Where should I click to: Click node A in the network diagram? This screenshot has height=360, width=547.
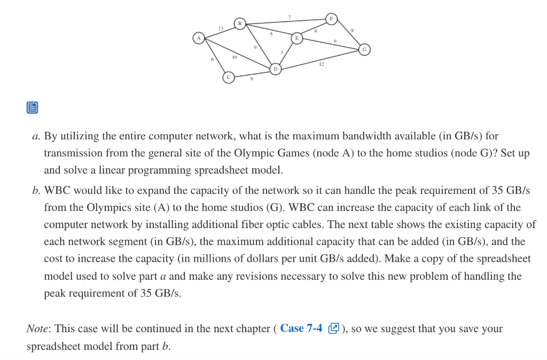click(199, 38)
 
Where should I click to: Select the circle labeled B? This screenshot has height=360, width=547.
click(240, 24)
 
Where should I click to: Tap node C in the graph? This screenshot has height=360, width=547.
click(229, 77)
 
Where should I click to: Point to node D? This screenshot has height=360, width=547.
click(276, 69)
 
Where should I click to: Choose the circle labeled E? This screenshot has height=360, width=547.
click(297, 38)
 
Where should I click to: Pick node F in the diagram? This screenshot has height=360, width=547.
click(331, 19)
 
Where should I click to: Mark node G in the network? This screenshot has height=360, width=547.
click(364, 50)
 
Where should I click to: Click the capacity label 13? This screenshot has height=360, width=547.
click(221, 28)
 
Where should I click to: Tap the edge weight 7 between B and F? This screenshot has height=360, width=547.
click(290, 17)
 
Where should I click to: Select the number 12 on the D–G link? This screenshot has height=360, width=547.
click(321, 64)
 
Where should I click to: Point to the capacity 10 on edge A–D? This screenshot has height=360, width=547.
click(235, 57)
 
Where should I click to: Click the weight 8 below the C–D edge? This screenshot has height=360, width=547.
click(252, 79)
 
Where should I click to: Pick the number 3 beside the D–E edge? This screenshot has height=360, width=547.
click(282, 52)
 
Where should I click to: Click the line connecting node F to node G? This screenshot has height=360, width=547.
click(348, 34)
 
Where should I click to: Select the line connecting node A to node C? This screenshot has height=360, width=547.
click(214, 58)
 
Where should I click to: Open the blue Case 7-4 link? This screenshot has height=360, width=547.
click(301, 328)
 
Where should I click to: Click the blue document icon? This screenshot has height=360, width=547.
click(33, 107)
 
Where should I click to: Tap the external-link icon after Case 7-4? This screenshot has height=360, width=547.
click(333, 328)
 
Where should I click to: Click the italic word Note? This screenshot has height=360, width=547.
click(37, 328)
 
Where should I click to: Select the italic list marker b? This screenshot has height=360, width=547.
click(35, 191)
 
